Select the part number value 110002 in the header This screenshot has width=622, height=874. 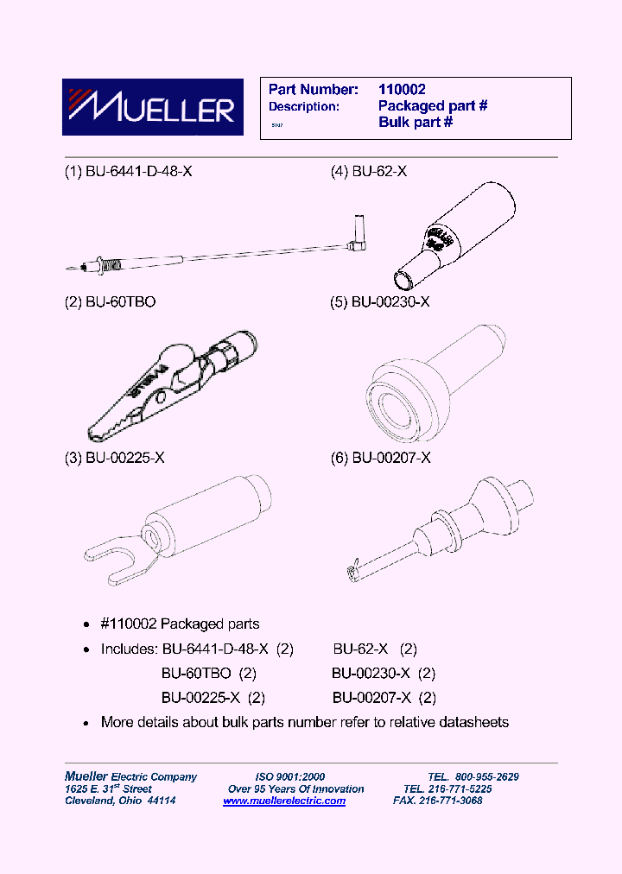pyautogui.click(x=402, y=89)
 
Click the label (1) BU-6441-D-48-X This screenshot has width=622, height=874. pyautogui.click(x=129, y=171)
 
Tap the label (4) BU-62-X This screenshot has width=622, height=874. pyautogui.click(x=369, y=171)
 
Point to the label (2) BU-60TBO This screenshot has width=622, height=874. pyautogui.click(x=111, y=302)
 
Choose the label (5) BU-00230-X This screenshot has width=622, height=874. pyautogui.click(x=380, y=302)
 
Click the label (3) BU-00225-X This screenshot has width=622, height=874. pyautogui.click(x=115, y=458)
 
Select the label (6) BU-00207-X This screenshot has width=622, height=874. pyautogui.click(x=380, y=458)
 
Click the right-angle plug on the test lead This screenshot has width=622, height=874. pyautogui.click(x=358, y=235)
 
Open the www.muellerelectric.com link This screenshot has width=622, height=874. pyautogui.click(x=284, y=801)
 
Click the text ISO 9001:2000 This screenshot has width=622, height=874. pyautogui.click(x=289, y=776)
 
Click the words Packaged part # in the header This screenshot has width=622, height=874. pyautogui.click(x=433, y=105)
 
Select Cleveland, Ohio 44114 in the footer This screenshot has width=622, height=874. pyautogui.click(x=121, y=801)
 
